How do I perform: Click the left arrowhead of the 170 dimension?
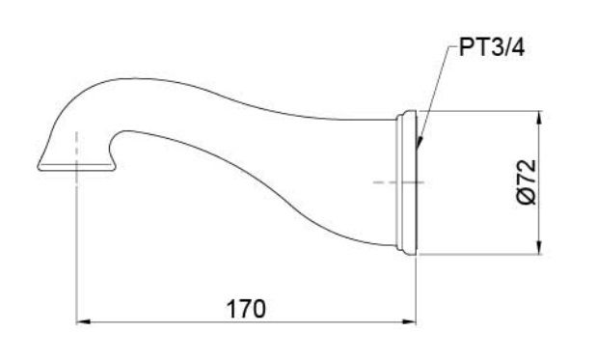point(82,321)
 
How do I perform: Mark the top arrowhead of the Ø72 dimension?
point(538,118)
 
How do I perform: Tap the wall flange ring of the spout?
point(408,183)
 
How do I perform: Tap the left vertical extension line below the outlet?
point(75,251)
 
